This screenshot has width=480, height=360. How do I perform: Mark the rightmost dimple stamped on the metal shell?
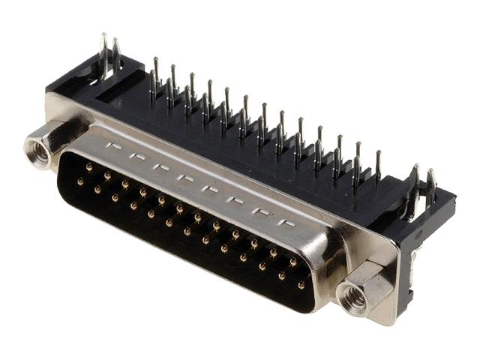pyautogui.click(x=287, y=224)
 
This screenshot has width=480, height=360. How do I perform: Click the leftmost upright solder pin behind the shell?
pyautogui.click(x=156, y=75)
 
